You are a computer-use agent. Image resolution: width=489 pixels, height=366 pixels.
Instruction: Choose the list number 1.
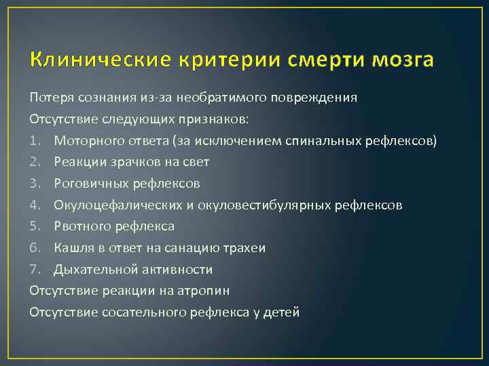click(x=34, y=140)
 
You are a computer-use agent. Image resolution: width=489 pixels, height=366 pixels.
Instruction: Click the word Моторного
click(x=86, y=140)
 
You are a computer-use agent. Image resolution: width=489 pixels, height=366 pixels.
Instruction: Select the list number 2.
click(x=35, y=162)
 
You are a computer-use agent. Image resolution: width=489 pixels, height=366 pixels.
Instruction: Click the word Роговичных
click(x=88, y=184)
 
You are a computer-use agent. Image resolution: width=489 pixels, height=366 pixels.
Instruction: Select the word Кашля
click(x=72, y=248)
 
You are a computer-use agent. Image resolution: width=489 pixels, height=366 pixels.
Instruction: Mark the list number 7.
click(x=35, y=270)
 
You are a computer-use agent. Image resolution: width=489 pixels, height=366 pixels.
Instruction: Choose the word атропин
click(x=202, y=291)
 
